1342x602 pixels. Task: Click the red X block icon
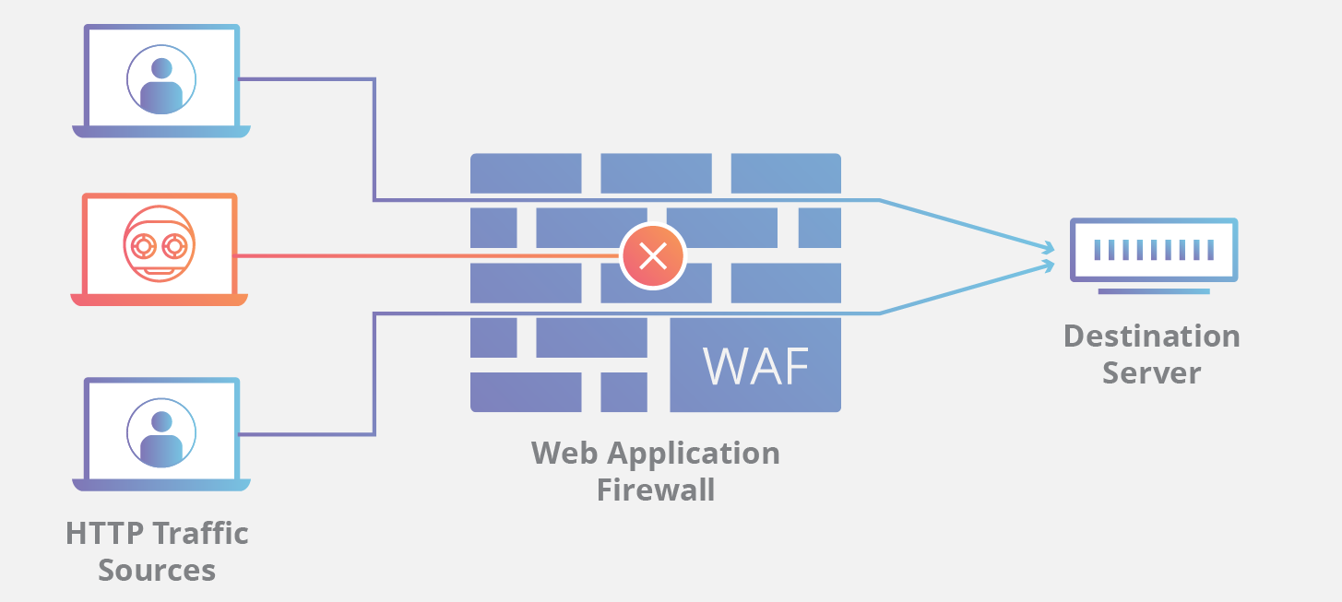pyautogui.click(x=653, y=255)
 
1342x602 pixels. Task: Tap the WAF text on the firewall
pyautogui.click(x=755, y=366)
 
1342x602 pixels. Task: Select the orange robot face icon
pyautogui.click(x=159, y=244)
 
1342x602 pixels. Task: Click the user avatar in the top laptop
pyautogui.click(x=161, y=79)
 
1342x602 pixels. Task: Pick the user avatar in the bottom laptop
pyautogui.click(x=161, y=432)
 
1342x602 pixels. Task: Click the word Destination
pyautogui.click(x=1151, y=336)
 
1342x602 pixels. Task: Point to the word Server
pyautogui.click(x=1151, y=373)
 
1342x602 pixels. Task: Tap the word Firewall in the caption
pyautogui.click(x=655, y=489)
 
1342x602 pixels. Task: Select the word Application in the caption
pyautogui.click(x=687, y=454)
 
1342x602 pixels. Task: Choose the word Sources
pyautogui.click(x=157, y=570)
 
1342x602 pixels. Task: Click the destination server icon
pyautogui.click(x=1153, y=250)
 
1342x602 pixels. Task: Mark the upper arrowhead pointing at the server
pyautogui.click(x=1048, y=247)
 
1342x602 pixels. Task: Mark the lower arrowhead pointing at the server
pyautogui.click(x=1048, y=266)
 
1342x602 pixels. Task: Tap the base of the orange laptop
pyautogui.click(x=159, y=300)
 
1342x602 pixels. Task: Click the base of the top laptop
pyautogui.click(x=161, y=132)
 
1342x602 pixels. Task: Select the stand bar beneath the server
pyautogui.click(x=1153, y=291)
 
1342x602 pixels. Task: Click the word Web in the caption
pyautogui.click(x=559, y=454)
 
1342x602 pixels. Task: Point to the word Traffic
pyautogui.click(x=200, y=534)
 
